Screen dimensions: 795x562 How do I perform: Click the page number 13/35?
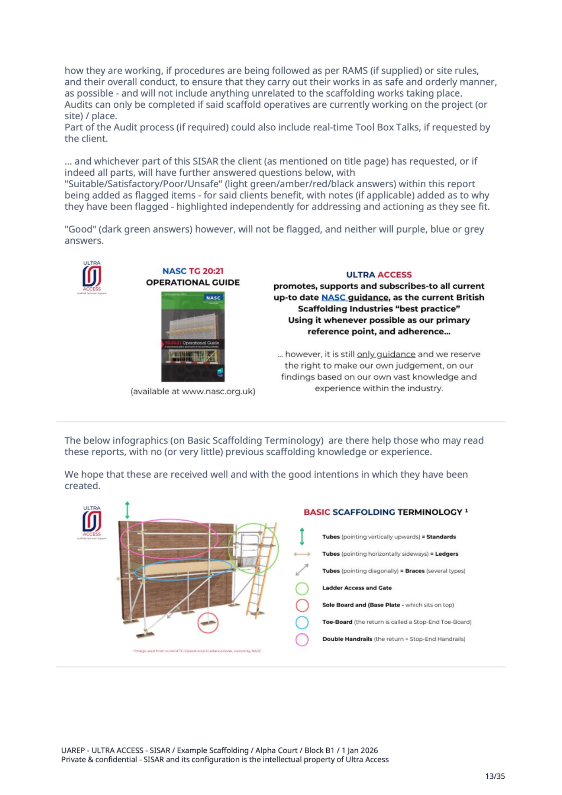pyautogui.click(x=495, y=776)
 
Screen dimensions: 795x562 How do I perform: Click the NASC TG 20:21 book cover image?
pyautogui.click(x=193, y=336)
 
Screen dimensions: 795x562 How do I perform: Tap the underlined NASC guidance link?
pyautogui.click(x=355, y=297)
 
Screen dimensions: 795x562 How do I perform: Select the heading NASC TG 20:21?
pyautogui.click(x=193, y=271)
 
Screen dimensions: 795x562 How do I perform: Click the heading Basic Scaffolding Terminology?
pyautogui.click(x=383, y=512)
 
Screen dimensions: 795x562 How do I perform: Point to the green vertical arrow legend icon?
pyautogui.click(x=302, y=536)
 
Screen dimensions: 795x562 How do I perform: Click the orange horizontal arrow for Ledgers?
pyautogui.click(x=302, y=554)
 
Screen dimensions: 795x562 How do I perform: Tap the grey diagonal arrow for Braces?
pyautogui.click(x=302, y=570)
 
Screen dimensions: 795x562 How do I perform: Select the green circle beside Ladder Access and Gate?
pyautogui.click(x=302, y=588)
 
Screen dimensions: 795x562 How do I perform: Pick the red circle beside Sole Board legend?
pyautogui.click(x=302, y=605)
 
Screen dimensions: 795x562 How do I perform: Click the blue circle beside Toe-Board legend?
pyautogui.click(x=302, y=622)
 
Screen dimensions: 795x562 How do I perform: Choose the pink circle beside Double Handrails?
pyautogui.click(x=302, y=639)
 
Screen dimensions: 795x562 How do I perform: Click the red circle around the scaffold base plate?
pyautogui.click(x=208, y=622)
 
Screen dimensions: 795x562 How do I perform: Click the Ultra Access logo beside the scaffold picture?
pyautogui.click(x=92, y=522)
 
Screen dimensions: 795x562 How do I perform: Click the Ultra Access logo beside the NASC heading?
pyautogui.click(x=92, y=277)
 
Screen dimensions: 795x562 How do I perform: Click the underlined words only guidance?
pyautogui.click(x=386, y=354)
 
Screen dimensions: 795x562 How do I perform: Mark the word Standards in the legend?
pyautogui.click(x=441, y=537)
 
